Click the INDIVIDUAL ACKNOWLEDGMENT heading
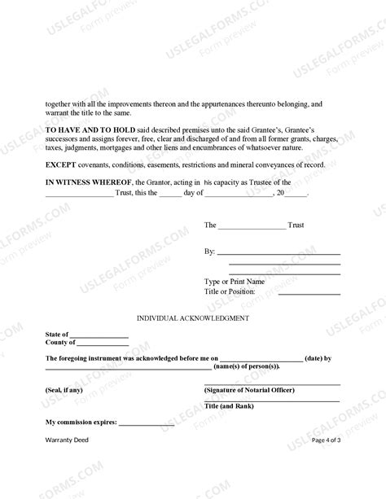tap(192, 318)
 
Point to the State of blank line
tap(99, 335)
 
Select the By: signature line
tap(278, 253)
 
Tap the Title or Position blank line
tap(309, 292)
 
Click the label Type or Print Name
tap(234, 282)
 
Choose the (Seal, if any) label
tap(64, 390)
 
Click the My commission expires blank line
tap(147, 422)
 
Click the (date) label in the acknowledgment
tap(314, 358)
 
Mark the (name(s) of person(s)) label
tap(244, 367)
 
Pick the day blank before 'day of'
tap(170, 194)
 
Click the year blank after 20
tap(296, 194)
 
